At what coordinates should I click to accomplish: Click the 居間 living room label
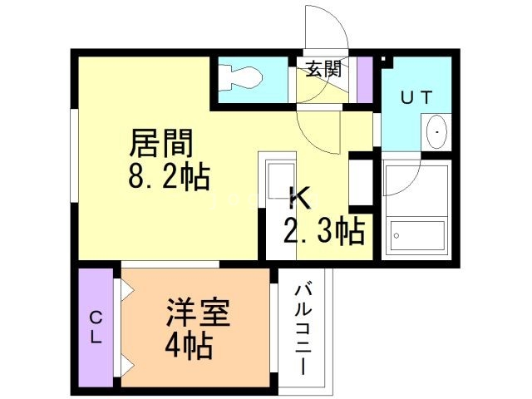coord(161,145)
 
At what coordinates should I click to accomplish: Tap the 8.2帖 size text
coord(168,177)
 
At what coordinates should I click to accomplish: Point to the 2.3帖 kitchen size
coord(324,231)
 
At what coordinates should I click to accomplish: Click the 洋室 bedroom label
coord(197,313)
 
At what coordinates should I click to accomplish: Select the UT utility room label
coord(416,97)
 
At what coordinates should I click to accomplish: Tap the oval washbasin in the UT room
coord(436,132)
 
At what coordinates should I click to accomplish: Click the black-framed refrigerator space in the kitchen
coord(360,181)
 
